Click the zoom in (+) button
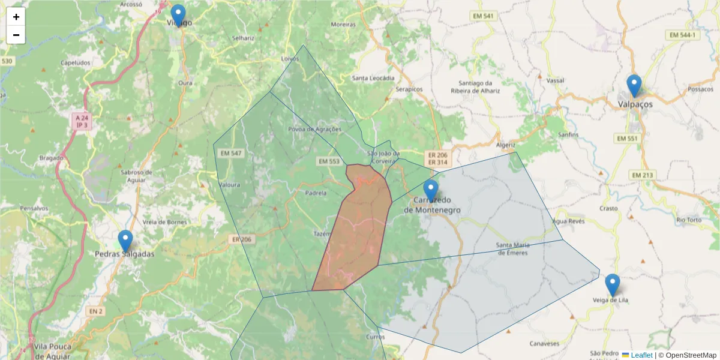(x=16, y=17)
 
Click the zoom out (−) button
(x=16, y=35)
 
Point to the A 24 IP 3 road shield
(x=81, y=122)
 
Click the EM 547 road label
(x=231, y=154)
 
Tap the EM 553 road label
(x=329, y=161)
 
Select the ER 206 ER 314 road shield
(x=436, y=158)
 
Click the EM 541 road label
(x=484, y=16)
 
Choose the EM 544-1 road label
(x=683, y=35)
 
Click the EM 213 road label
(x=641, y=175)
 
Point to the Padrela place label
(x=316, y=193)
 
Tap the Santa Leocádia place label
(x=373, y=78)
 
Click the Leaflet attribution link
(x=641, y=355)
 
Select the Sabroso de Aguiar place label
(x=137, y=175)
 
